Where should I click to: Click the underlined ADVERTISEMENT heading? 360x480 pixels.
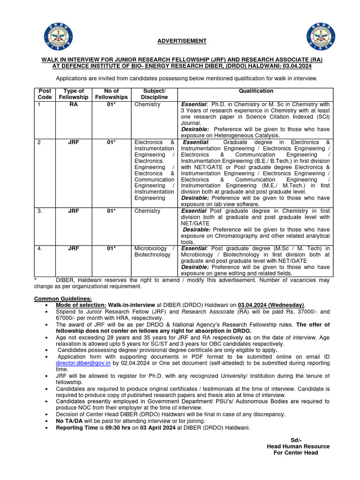pos(182,41)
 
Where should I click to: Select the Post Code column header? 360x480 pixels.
pos(45,94)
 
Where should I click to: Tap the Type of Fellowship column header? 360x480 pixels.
pos(74,94)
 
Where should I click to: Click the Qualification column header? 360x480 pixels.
pos(255,91)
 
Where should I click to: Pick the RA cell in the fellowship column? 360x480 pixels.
pos(74,104)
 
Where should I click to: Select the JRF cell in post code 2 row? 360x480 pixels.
pos(74,142)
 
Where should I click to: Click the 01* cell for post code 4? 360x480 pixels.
pos(111,248)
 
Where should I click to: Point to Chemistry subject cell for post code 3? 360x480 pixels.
pos(147,211)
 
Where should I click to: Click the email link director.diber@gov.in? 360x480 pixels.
pos(83,363)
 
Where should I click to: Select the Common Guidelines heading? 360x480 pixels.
pos(63,299)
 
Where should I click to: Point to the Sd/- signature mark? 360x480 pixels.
pos(295,440)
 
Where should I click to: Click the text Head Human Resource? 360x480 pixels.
pos(298,446)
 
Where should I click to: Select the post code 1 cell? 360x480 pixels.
pos(39,104)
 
